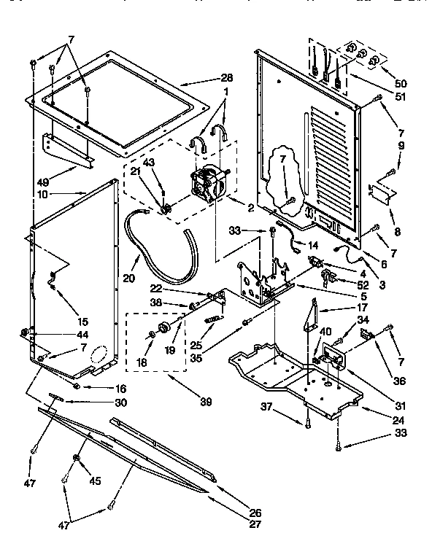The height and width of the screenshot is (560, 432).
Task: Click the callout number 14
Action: [x=312, y=245]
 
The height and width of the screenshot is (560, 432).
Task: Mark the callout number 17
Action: [x=341, y=308]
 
